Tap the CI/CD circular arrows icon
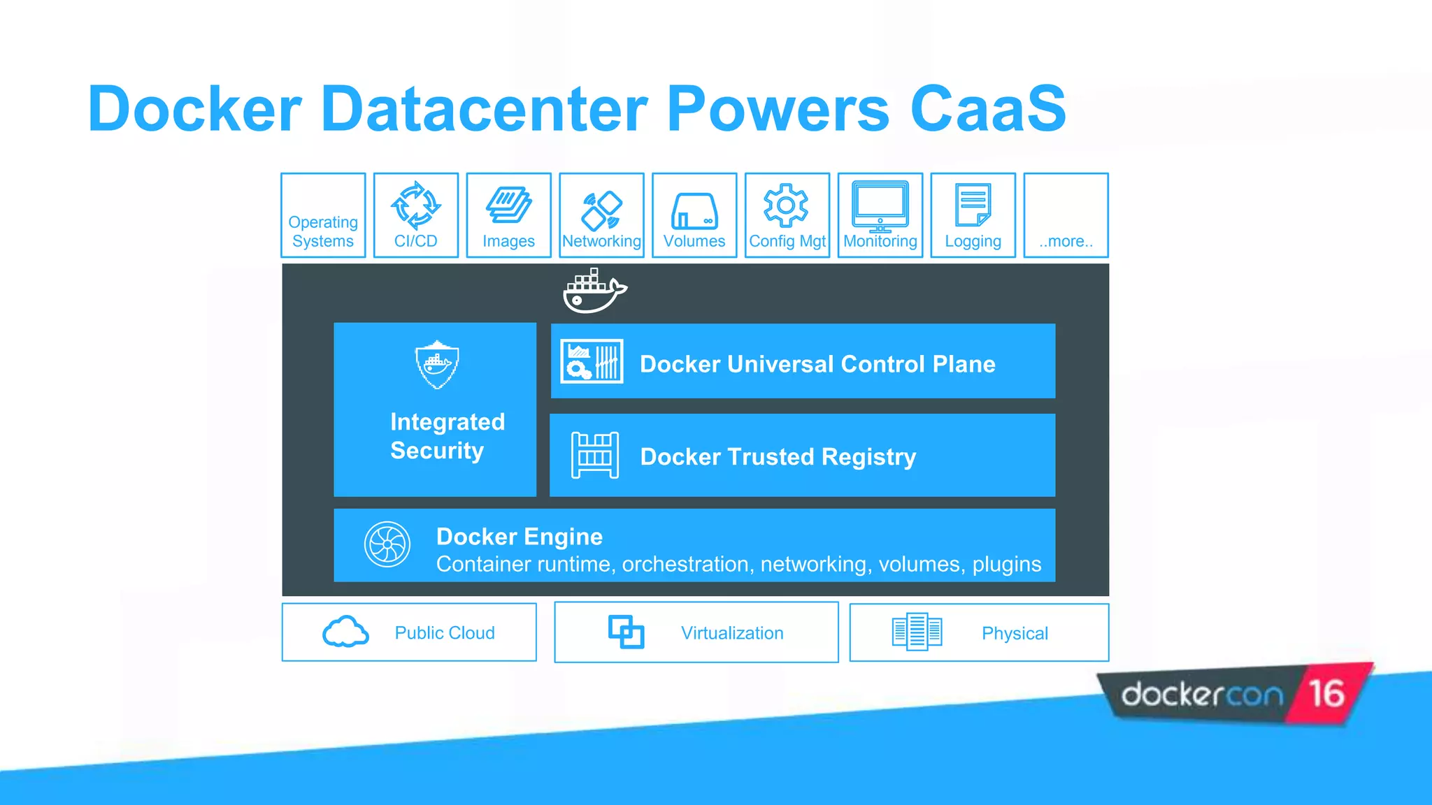(415, 205)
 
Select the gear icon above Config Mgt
(786, 205)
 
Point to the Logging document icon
(973, 205)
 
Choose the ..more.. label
(1066, 241)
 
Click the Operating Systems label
(323, 231)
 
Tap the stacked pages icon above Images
(508, 205)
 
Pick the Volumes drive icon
(694, 211)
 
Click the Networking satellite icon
(601, 210)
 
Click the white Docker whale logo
(594, 291)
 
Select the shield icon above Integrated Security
(437, 364)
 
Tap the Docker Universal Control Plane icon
(592, 361)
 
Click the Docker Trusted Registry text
(778, 456)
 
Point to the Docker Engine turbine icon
(387, 544)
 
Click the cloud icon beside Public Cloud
(345, 632)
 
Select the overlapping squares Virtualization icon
(626, 632)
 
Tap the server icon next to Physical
(917, 632)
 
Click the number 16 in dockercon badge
(1326, 694)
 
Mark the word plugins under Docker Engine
(1006, 564)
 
